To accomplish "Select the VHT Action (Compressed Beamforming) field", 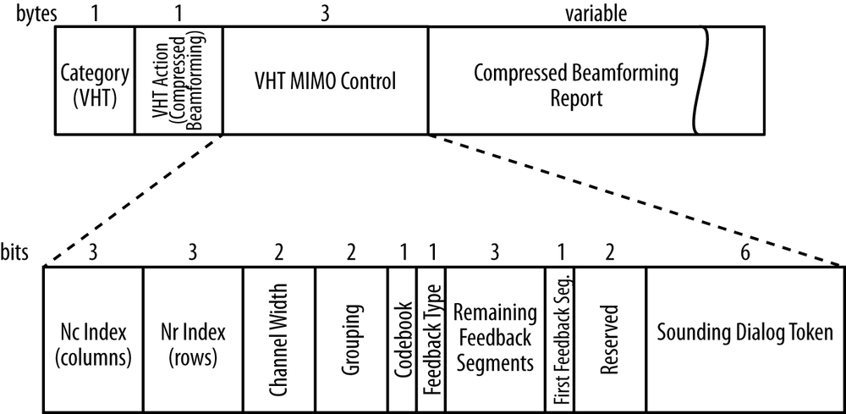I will point(179,80).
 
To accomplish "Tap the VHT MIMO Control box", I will point(325,80).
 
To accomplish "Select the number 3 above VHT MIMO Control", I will point(325,14).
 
